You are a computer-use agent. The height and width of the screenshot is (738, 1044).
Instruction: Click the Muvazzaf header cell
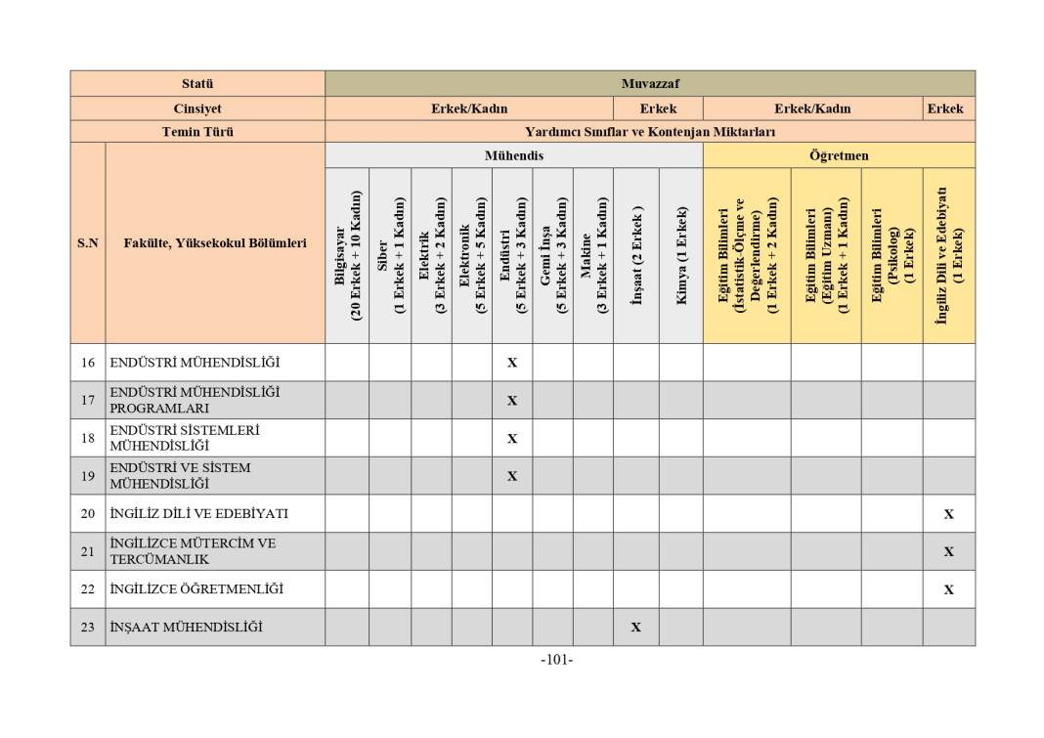[649, 83]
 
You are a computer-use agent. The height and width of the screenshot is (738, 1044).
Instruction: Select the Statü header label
[196, 83]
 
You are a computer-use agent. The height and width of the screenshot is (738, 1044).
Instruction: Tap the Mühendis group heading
[513, 155]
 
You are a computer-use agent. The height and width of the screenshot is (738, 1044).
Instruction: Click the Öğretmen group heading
[838, 155]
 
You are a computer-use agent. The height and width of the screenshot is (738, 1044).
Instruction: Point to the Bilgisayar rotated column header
[347, 255]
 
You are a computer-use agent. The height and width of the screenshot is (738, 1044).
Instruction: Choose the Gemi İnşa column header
[552, 255]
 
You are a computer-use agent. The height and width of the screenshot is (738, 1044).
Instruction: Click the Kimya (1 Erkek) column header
[680, 255]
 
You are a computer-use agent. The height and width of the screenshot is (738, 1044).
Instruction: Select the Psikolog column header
[892, 255]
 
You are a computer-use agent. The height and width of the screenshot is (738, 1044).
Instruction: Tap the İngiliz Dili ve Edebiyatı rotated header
[948, 255]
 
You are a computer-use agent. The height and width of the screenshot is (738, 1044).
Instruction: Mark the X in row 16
[512, 363]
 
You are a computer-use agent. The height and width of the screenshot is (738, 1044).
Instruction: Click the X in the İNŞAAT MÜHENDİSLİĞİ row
[635, 628]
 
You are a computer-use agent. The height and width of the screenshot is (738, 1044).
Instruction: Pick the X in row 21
[948, 551]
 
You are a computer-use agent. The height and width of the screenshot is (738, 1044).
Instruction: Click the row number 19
[88, 476]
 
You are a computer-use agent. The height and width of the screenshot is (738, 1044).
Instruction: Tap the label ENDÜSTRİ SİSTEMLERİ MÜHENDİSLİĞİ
[185, 438]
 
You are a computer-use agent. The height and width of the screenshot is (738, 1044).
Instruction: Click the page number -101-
[556, 660]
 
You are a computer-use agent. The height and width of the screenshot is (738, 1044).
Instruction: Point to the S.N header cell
[88, 243]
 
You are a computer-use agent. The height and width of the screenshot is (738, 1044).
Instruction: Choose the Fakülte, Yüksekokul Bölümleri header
[215, 243]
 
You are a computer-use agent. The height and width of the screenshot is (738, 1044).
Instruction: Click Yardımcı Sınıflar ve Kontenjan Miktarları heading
[649, 132]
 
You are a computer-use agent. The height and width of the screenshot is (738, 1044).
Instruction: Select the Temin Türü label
[196, 132]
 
